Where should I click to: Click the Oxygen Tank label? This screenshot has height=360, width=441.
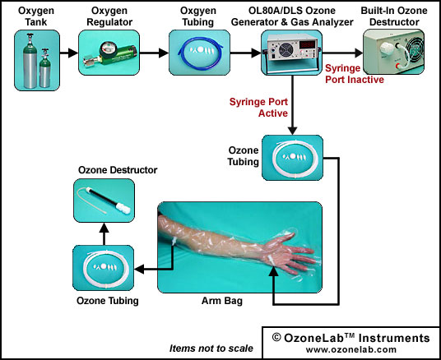[x=36, y=16]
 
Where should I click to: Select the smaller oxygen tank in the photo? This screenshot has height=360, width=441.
[x=44, y=68]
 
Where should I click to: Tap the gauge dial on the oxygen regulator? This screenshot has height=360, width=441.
[x=106, y=47]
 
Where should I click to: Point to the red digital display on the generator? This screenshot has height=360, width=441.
[x=308, y=45]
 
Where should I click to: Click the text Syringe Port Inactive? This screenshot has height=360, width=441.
[x=355, y=74]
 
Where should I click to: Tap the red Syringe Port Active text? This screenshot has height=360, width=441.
[x=258, y=108]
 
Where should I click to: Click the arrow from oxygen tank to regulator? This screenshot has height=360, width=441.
[x=69, y=53]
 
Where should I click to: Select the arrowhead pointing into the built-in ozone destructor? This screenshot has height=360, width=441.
[x=359, y=53]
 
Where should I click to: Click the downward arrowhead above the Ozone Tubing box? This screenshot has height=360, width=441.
[x=293, y=131]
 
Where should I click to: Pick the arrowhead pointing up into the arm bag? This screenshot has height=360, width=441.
[x=273, y=271]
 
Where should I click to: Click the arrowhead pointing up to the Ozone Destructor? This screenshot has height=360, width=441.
[x=104, y=228]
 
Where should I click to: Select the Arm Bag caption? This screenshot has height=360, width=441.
[x=222, y=301]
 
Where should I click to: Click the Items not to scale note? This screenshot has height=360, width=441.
[x=211, y=348]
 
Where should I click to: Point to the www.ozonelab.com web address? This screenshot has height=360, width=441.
[x=351, y=349]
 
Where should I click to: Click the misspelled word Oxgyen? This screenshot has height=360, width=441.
[x=198, y=11]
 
